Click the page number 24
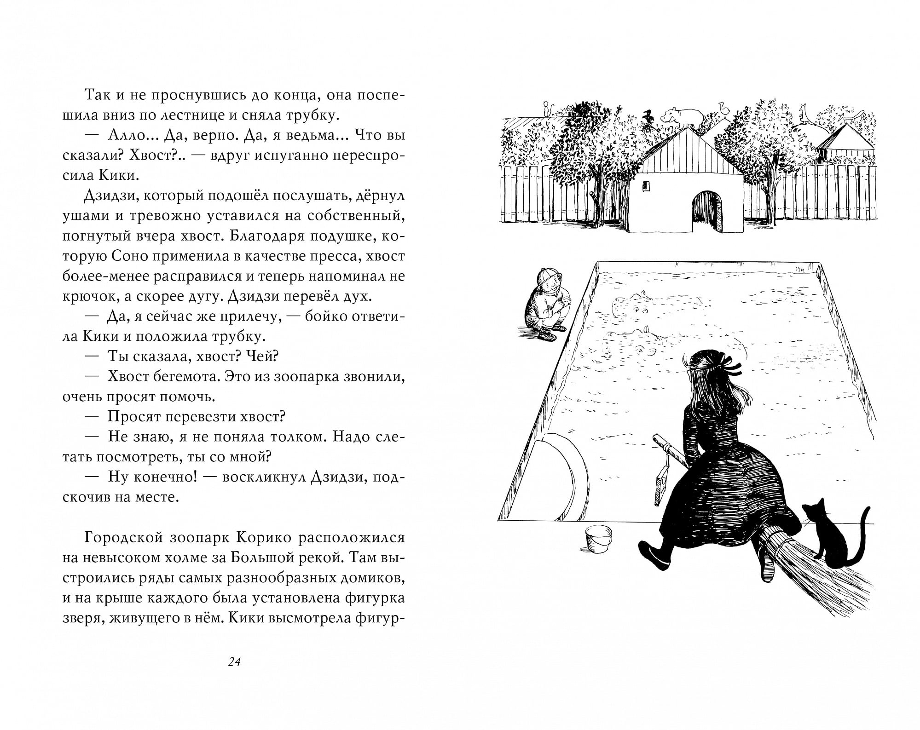234,662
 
